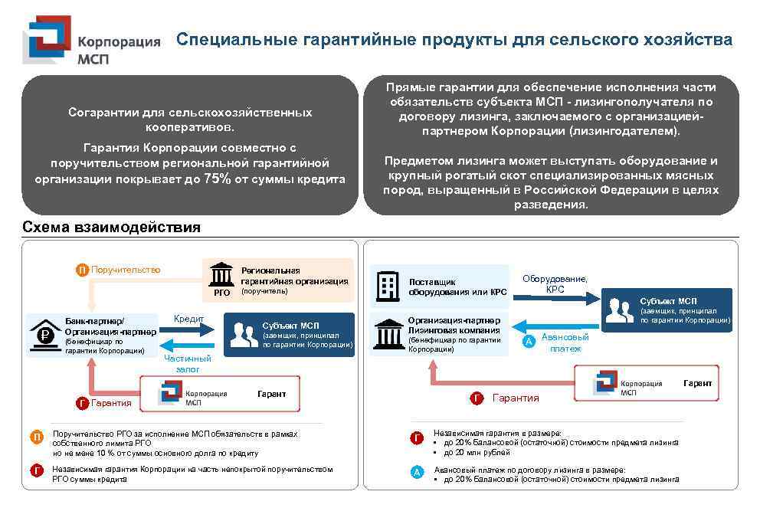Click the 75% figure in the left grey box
pyautogui.click(x=217, y=179)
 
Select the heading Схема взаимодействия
pyautogui.click(x=111, y=228)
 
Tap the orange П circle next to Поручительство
pyautogui.click(x=82, y=270)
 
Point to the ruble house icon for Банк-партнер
pyautogui.click(x=45, y=335)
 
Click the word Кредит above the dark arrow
pyautogui.click(x=188, y=318)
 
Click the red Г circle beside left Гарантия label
pyautogui.click(x=82, y=403)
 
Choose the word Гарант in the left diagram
pyautogui.click(x=271, y=394)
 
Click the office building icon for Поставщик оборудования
pyautogui.click(x=388, y=287)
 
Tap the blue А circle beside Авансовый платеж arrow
pyautogui.click(x=528, y=342)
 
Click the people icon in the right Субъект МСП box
pyautogui.click(x=619, y=310)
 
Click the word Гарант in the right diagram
pyautogui.click(x=697, y=383)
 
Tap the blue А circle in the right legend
pyautogui.click(x=417, y=473)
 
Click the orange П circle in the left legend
pyautogui.click(x=36, y=437)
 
